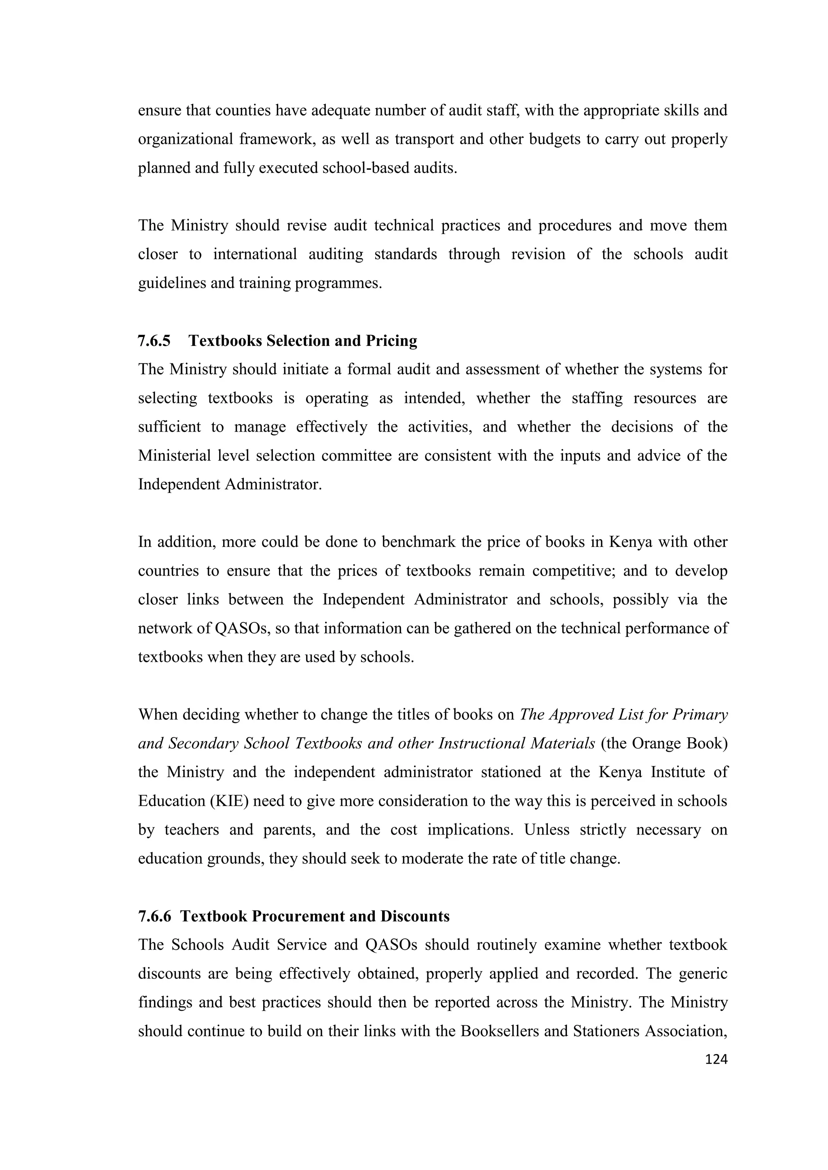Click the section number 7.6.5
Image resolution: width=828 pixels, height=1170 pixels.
tap(154, 341)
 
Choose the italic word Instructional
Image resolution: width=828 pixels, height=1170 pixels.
tap(481, 744)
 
